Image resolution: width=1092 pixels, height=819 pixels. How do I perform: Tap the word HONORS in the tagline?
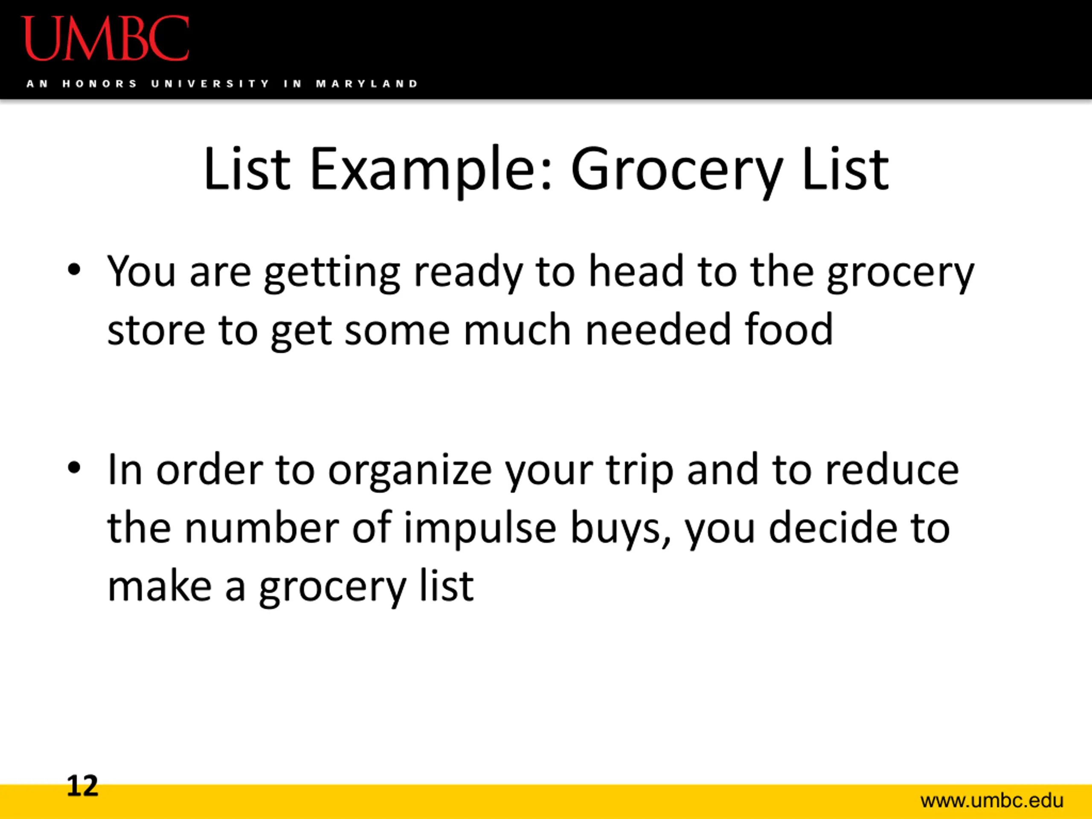[100, 84]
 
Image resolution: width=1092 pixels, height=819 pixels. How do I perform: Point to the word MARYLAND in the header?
[367, 84]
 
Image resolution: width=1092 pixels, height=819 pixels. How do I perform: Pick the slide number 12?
[82, 785]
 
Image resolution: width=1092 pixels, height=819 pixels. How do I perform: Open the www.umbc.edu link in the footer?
[992, 800]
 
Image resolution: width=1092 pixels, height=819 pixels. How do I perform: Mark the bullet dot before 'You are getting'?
[74, 270]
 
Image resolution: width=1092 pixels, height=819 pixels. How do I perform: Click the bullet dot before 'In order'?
[74, 468]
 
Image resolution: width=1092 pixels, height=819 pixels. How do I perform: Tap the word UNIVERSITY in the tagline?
[210, 84]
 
